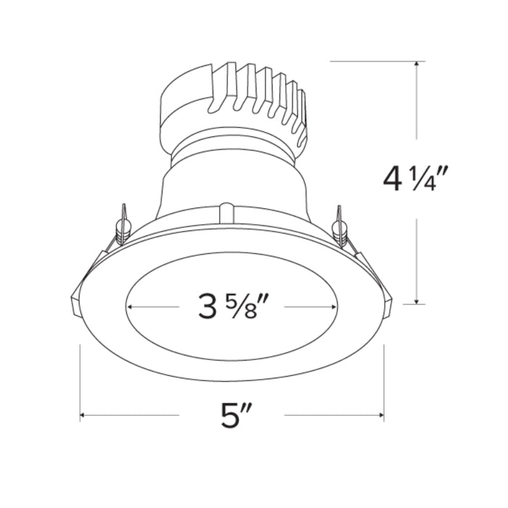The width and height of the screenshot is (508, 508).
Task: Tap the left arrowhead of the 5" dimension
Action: click(83, 416)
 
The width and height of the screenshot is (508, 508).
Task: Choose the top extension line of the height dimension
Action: click(374, 61)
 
